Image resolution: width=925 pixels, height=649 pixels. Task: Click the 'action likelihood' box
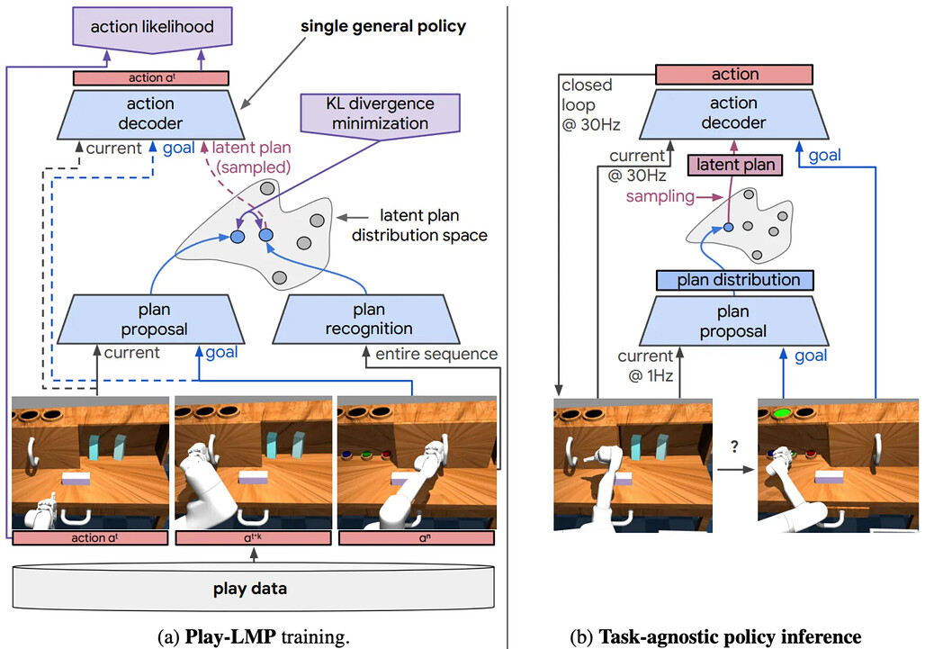[152, 29]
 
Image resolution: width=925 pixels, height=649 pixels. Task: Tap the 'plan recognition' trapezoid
[365, 320]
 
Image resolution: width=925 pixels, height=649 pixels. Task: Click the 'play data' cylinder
[254, 588]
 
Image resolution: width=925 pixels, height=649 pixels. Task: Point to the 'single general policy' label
[382, 26]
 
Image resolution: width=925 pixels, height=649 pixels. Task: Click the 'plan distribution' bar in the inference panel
[735, 280]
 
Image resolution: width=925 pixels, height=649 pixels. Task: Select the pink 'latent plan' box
[735, 165]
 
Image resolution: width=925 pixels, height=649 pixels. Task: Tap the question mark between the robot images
[734, 446]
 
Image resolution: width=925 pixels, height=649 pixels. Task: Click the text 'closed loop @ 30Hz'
[590, 104]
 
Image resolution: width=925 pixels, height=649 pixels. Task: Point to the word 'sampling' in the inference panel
[660, 196]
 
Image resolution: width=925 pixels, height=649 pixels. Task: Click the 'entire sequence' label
[436, 354]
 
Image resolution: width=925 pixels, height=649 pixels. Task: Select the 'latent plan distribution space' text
[419, 225]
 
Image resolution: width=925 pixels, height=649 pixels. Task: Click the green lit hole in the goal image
[782, 413]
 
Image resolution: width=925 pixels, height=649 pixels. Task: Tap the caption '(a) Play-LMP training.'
[254, 636]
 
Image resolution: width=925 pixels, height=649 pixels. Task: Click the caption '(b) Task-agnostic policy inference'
[715, 636]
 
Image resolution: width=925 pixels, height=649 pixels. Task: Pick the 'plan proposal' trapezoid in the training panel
[151, 320]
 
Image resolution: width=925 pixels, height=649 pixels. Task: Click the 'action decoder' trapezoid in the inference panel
[734, 113]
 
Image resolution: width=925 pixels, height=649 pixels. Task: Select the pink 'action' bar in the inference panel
[734, 75]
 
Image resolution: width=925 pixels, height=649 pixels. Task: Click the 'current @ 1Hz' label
[645, 365]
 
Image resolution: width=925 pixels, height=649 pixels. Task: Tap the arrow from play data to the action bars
[255, 555]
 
